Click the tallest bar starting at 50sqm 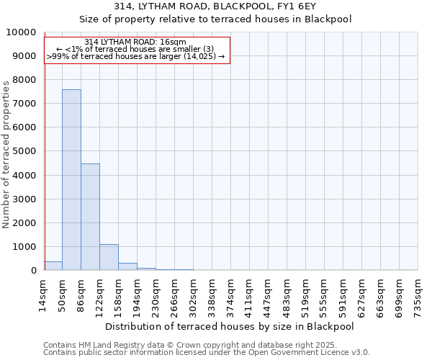[x=71, y=180]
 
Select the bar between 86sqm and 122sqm [x=90, y=217]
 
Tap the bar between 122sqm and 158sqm [x=109, y=257]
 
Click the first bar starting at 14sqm [x=53, y=266]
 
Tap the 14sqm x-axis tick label [x=45, y=295]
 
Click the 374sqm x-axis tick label [x=231, y=296]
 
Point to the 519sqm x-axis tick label [x=306, y=296]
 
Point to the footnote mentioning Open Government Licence [x=207, y=353]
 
